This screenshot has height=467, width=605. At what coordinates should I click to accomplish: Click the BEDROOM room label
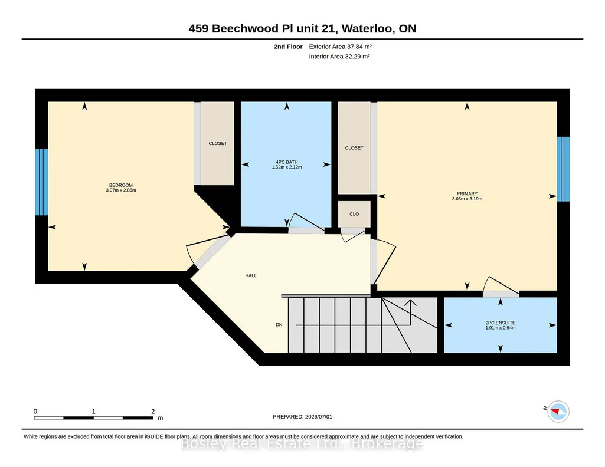click(121, 185)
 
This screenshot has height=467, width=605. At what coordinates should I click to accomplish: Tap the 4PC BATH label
click(287, 162)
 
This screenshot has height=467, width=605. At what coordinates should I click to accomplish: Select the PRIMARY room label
click(467, 194)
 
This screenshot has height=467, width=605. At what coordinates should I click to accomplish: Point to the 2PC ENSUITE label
click(501, 323)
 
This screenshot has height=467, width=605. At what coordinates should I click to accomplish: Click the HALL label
click(251, 275)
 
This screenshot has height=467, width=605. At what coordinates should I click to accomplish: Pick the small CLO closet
click(354, 214)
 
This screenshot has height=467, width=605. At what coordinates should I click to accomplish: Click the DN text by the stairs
click(279, 325)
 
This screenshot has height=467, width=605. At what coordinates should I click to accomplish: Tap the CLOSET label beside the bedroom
click(218, 143)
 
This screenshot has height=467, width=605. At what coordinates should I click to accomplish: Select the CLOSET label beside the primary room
click(354, 148)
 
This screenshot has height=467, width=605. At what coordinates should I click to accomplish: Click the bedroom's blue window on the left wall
click(42, 182)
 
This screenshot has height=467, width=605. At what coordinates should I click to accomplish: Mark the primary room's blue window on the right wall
click(563, 169)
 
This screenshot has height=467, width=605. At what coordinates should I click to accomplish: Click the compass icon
click(558, 412)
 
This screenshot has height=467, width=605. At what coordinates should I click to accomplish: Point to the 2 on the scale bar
click(153, 412)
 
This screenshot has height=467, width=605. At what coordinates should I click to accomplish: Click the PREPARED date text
click(302, 416)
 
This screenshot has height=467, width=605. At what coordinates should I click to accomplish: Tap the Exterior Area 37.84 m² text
click(341, 47)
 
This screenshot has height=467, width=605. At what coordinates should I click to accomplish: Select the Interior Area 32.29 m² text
click(339, 56)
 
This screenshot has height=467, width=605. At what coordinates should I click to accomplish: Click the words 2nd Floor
click(288, 47)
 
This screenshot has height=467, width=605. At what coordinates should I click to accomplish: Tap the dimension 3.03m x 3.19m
click(467, 199)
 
